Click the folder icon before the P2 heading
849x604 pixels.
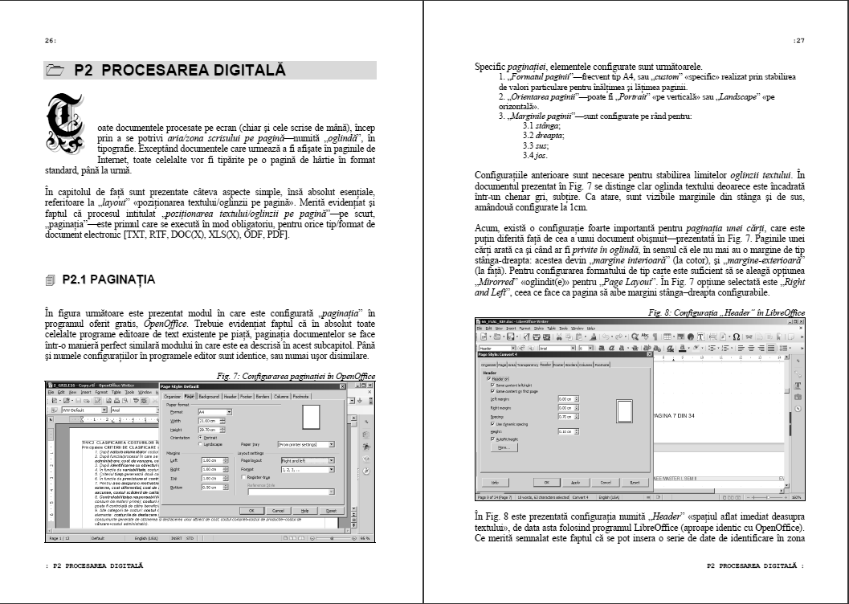[55, 71]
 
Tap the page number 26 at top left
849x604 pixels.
[51, 40]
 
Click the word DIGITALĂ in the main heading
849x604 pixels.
[250, 70]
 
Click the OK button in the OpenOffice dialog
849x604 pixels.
[251, 510]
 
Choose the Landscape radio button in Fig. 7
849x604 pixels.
[199, 443]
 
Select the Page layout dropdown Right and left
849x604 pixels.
[307, 460]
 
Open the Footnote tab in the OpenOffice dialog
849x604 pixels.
[301, 397]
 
